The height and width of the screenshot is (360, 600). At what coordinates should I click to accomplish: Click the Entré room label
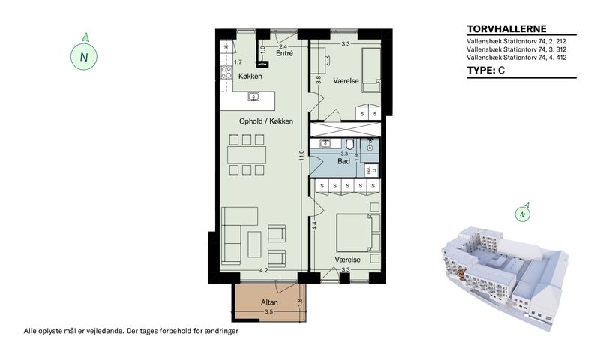[x=285, y=53]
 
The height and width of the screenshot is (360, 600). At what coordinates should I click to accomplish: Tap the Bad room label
[x=343, y=161]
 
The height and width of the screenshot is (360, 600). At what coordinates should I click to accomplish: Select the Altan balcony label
[x=269, y=301]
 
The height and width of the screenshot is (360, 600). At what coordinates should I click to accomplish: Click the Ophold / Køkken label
[x=266, y=121]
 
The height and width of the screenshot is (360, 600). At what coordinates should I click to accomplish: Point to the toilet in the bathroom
[x=349, y=144]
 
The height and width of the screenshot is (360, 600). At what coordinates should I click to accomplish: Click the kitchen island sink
[x=253, y=97]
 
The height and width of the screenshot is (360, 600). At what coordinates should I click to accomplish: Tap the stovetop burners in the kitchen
[x=226, y=72]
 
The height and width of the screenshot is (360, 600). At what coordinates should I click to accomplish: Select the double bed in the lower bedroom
[x=354, y=232]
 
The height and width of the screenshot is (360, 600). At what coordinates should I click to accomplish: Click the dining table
[x=247, y=155]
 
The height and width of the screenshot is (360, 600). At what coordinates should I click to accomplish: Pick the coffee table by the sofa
[x=254, y=244]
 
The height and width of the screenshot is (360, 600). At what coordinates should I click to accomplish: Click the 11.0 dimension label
[x=301, y=155]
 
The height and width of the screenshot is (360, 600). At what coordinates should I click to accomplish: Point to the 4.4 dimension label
[x=314, y=226]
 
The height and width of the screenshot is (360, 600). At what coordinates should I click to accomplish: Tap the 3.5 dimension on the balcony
[x=268, y=312]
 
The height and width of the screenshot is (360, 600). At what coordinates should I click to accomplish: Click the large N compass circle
[x=84, y=57]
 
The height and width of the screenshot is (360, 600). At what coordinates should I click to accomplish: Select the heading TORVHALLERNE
[x=507, y=29]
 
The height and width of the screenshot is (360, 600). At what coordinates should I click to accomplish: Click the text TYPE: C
[x=485, y=70]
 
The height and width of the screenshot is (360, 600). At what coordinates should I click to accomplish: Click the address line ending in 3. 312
[x=516, y=49]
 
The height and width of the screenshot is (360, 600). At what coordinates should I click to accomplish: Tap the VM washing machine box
[x=368, y=171]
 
